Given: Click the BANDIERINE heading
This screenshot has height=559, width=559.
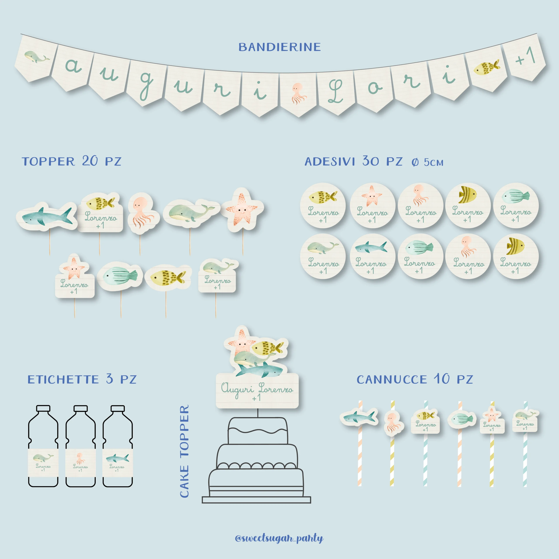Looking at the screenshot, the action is (x=279, y=47).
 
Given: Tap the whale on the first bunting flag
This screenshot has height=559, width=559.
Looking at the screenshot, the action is (x=36, y=56).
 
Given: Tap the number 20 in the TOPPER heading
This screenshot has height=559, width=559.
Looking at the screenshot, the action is (x=90, y=161).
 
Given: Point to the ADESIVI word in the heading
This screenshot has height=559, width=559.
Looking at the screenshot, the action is (x=330, y=161).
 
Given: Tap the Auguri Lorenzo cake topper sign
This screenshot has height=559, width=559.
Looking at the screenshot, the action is (x=257, y=391).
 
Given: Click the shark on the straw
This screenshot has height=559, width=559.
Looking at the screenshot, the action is (x=359, y=417).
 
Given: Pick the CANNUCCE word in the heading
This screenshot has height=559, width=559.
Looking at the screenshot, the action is (x=392, y=380).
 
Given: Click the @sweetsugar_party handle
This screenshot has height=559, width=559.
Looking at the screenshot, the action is (x=279, y=538).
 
